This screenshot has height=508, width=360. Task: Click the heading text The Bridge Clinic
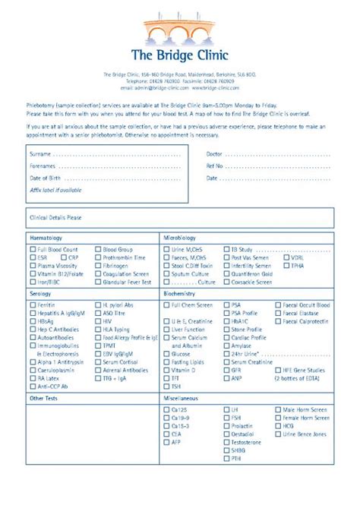[180, 55]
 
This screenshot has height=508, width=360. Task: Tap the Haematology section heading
[46, 238]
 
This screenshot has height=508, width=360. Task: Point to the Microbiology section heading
[180, 238]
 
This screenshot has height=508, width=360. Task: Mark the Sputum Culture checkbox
[167, 273]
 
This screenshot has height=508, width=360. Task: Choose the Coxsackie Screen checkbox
[226, 282]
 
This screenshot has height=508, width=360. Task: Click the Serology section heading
[41, 293]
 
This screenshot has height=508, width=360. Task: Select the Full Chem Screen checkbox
[167, 304]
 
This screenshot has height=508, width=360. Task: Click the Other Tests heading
[44, 397]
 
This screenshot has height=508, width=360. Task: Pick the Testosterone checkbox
[226, 442]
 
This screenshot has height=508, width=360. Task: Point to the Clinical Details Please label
[55, 217]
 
